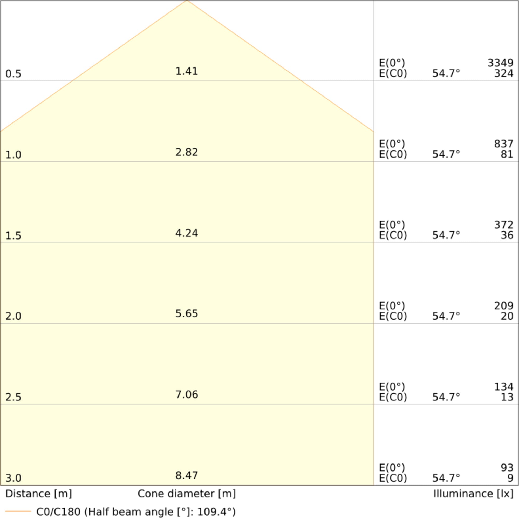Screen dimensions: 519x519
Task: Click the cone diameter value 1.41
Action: tap(186, 71)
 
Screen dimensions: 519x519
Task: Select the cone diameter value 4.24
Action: tap(186, 233)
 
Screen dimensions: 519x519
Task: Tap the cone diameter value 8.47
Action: tap(186, 475)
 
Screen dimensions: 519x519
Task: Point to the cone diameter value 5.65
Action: tap(186, 313)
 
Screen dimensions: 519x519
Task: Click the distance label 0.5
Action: tap(13, 74)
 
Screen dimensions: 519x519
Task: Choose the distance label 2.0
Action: tap(13, 316)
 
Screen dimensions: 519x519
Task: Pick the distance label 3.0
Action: tap(13, 478)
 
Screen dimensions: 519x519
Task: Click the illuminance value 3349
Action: tap(500, 63)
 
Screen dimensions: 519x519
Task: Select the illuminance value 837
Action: tap(503, 144)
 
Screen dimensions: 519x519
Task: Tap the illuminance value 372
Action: tap(503, 225)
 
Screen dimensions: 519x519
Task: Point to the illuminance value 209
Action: tap(503, 306)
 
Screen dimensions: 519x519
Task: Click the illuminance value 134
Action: tap(503, 387)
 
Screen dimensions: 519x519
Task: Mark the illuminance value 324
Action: tap(503, 73)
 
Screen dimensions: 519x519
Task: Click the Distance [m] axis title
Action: tap(38, 494)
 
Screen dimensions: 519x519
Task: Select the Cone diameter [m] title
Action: tap(186, 494)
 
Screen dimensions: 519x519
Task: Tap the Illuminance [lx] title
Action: tap(473, 494)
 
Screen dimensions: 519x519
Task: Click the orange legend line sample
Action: tap(18, 511)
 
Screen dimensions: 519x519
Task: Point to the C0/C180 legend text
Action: tap(136, 512)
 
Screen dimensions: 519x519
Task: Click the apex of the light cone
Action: tap(187, 1)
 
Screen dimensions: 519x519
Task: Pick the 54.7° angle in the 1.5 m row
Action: tap(446, 235)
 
